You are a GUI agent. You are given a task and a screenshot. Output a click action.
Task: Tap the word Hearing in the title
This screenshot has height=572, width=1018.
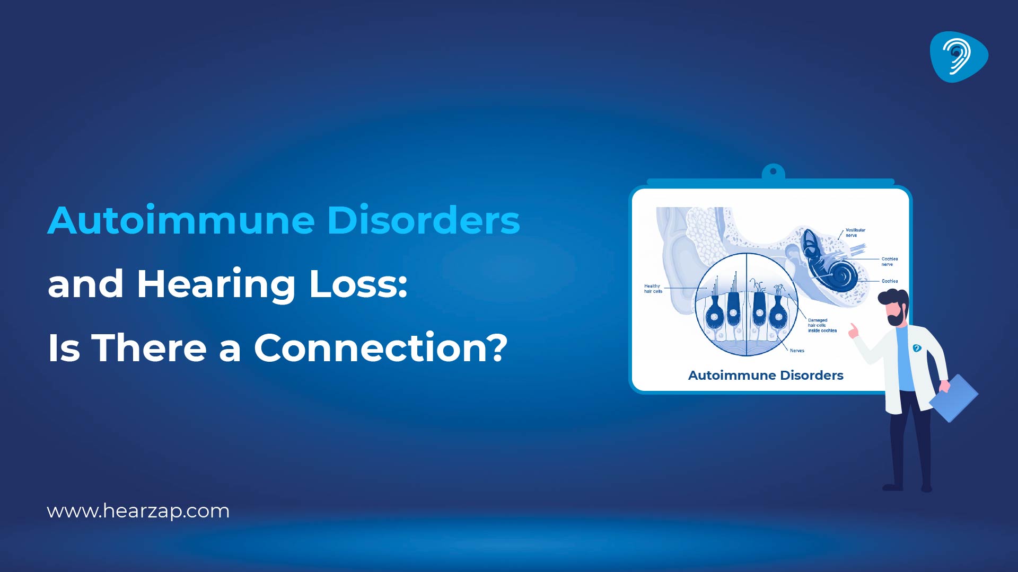[x=215, y=284]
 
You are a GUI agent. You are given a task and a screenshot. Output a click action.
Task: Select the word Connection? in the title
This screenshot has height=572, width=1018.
[x=380, y=348]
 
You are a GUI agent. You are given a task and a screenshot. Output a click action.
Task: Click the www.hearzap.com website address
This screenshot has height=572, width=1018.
[x=138, y=511]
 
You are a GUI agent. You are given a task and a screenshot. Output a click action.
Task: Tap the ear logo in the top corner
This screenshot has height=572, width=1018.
[x=958, y=57]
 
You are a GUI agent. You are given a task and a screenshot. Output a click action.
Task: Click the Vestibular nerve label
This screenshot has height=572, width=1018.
[x=855, y=233]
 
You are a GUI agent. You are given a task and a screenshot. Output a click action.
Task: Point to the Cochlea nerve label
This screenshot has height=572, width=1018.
[x=889, y=261]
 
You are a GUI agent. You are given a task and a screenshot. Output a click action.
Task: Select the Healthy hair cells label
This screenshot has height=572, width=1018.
[x=653, y=289]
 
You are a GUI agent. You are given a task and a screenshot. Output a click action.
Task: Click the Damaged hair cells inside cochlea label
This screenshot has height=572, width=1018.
[x=822, y=325]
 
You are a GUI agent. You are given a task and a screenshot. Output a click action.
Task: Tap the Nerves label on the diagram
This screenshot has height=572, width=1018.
[x=796, y=351]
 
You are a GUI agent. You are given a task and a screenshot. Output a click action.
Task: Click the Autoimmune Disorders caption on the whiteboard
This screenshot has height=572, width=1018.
[x=765, y=376]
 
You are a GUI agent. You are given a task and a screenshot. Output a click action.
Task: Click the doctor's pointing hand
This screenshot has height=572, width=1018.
[x=853, y=331]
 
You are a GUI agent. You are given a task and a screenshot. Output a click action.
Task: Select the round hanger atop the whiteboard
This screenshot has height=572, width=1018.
[x=773, y=172]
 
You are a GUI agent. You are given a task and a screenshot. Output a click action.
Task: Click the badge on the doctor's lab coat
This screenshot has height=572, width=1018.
[x=917, y=348]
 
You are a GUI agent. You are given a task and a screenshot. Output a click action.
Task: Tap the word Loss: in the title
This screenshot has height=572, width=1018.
[x=358, y=284]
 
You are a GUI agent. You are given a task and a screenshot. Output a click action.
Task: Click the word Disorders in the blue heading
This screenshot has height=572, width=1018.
[x=423, y=220]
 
